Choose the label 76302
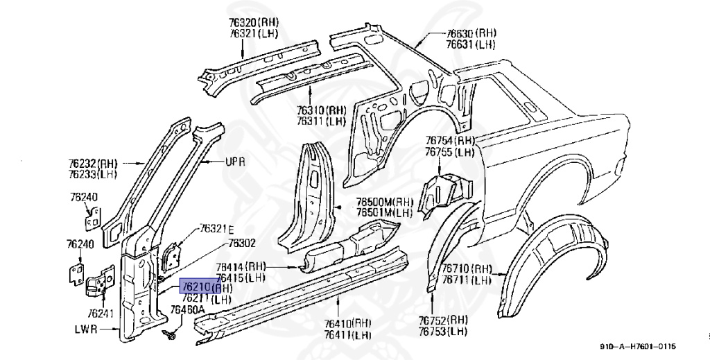(243, 243)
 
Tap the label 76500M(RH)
(385, 200)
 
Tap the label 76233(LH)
(94, 175)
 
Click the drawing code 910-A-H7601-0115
(638, 347)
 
